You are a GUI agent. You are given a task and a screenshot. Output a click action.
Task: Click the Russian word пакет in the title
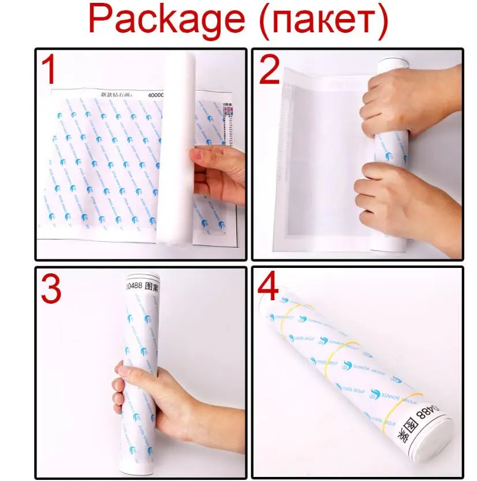[x=322, y=21]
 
